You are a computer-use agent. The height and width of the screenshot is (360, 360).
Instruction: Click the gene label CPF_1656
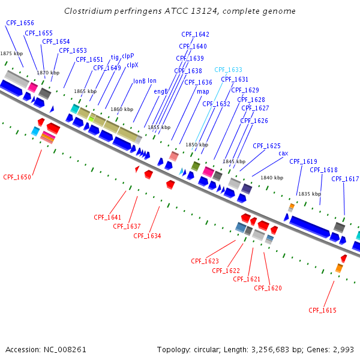(x=20, y=23)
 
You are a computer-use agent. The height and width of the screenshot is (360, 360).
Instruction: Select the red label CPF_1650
(x=17, y=177)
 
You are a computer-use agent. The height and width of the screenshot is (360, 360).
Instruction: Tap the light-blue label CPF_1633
(x=228, y=70)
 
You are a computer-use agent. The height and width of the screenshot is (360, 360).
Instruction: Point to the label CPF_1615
(x=322, y=310)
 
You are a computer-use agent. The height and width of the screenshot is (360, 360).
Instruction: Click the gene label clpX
(x=132, y=65)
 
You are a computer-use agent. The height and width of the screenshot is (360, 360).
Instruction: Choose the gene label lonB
(x=139, y=81)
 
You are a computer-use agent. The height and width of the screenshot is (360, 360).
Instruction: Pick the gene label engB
(x=161, y=91)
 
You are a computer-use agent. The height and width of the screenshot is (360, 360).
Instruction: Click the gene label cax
(x=283, y=153)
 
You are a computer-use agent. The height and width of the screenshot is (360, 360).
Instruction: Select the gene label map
(x=203, y=91)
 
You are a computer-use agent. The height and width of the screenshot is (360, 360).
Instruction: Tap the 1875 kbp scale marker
(x=11, y=53)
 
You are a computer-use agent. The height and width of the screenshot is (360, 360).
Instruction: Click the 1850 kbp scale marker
(x=196, y=145)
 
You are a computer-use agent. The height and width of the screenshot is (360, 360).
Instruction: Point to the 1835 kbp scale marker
(x=309, y=194)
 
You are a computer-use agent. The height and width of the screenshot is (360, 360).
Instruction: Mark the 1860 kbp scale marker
(x=121, y=109)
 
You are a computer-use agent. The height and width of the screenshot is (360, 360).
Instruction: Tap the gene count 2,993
(x=343, y=349)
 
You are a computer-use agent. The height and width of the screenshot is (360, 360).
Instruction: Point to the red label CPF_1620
(x=268, y=288)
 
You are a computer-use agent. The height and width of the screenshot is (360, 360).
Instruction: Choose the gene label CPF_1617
(x=345, y=179)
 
